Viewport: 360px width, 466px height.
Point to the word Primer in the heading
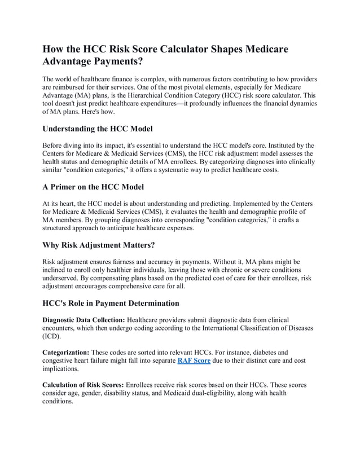tap(71, 187)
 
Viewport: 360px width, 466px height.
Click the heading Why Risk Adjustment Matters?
tap(99, 246)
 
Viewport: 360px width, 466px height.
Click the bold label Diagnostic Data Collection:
tap(84, 319)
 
